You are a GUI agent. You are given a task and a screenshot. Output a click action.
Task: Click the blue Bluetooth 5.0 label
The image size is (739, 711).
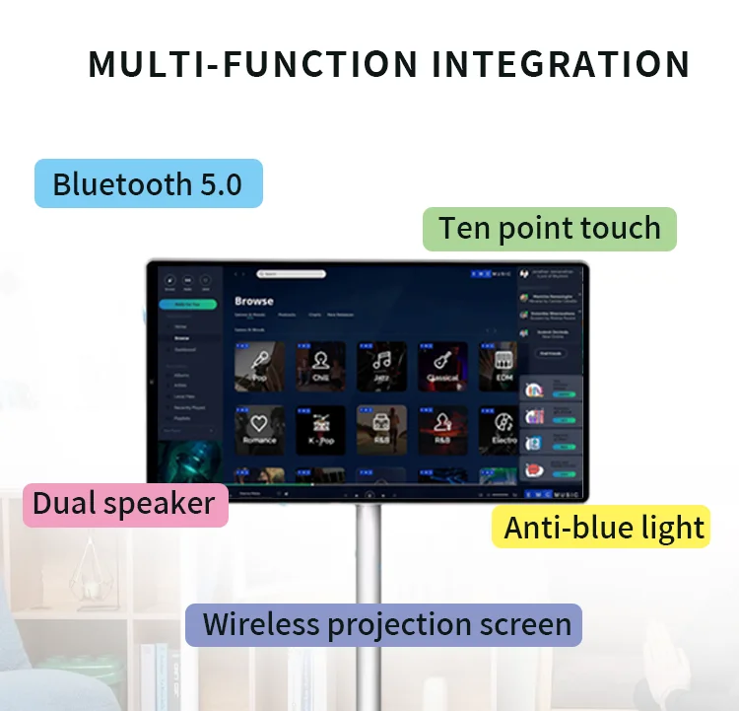pyautogui.click(x=148, y=184)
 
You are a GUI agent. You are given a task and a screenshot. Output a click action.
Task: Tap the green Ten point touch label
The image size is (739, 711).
pyautogui.click(x=550, y=228)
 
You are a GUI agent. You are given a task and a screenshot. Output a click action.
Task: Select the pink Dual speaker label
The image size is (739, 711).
pyautogui.click(x=124, y=504)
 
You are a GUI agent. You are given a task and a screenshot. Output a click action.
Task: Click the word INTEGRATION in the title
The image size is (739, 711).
pyautogui.click(x=561, y=65)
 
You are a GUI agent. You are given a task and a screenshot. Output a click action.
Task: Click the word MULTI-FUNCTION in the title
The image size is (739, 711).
pyautogui.click(x=252, y=65)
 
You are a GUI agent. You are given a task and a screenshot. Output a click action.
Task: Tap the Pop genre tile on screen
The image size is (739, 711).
pyautogui.click(x=259, y=366)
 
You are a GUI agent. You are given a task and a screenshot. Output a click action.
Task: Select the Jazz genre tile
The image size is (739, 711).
pyautogui.click(x=381, y=366)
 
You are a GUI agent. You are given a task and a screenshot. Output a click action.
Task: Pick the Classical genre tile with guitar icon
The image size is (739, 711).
pyautogui.click(x=442, y=366)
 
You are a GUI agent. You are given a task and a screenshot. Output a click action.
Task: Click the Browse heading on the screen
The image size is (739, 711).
pyautogui.click(x=253, y=301)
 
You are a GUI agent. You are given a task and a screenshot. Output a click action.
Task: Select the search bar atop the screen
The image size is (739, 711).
pyautogui.click(x=291, y=273)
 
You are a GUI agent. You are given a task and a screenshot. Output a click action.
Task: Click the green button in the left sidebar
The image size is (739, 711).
pyautogui.click(x=187, y=306)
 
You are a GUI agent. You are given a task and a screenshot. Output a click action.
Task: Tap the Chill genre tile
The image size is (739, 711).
pyautogui.click(x=320, y=366)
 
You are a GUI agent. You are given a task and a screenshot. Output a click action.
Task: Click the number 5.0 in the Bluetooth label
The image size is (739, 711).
pyautogui.click(x=221, y=184)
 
